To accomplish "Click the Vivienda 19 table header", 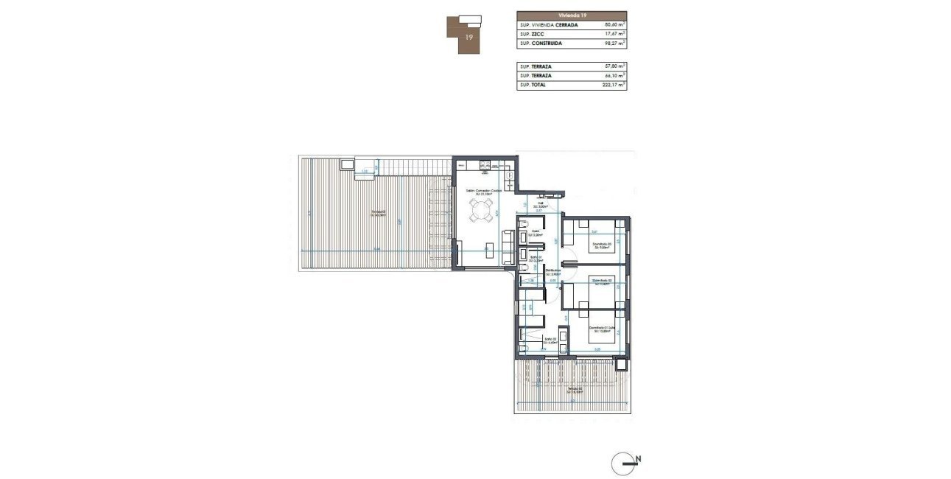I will click(x=572, y=15).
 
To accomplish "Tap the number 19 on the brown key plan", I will click(x=469, y=35).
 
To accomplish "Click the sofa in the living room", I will click(x=508, y=247).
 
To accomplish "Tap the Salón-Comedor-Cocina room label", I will click(x=483, y=191).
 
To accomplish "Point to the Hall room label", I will click(x=540, y=205).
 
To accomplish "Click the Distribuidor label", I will click(x=553, y=271).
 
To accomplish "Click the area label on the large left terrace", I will click(x=379, y=213).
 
